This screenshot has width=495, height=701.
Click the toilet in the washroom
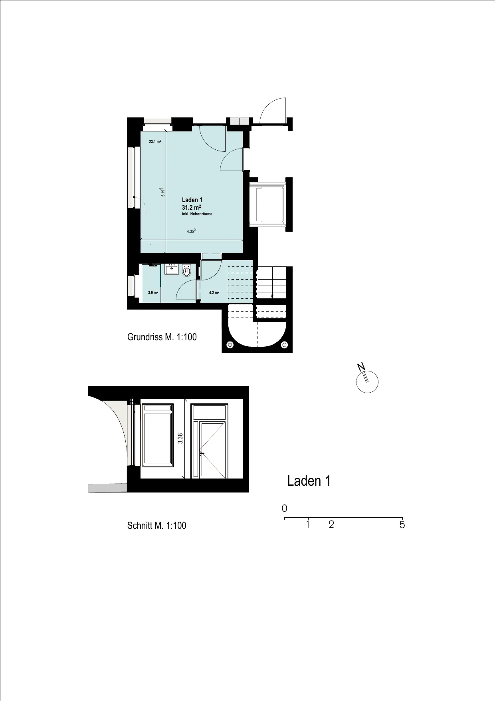[x=186, y=271]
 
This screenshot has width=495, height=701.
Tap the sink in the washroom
[x=172, y=269]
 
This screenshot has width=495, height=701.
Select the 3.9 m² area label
[x=153, y=292]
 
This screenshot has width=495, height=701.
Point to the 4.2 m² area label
[x=214, y=292]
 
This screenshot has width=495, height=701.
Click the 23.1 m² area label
[x=155, y=141]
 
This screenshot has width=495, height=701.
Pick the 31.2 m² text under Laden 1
[x=191, y=207]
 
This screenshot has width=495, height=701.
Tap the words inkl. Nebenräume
[x=197, y=214]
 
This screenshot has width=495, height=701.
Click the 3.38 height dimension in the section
[x=180, y=439]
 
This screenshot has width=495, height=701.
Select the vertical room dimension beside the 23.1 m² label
[x=162, y=192]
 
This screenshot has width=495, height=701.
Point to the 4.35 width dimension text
[x=191, y=231]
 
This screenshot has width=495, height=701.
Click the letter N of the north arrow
[x=361, y=367]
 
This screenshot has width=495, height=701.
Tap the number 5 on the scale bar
[x=402, y=525]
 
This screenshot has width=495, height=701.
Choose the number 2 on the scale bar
[x=331, y=524]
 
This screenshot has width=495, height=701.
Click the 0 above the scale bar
[x=284, y=508]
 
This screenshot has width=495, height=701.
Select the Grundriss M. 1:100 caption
[x=162, y=337]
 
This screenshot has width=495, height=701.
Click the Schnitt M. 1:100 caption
[x=157, y=526]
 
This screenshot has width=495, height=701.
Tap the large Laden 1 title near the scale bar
[x=309, y=481]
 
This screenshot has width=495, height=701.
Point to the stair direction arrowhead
[x=272, y=296]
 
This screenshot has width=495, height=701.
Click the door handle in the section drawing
[x=202, y=453]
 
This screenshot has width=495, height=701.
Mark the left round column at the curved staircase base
[x=230, y=345]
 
